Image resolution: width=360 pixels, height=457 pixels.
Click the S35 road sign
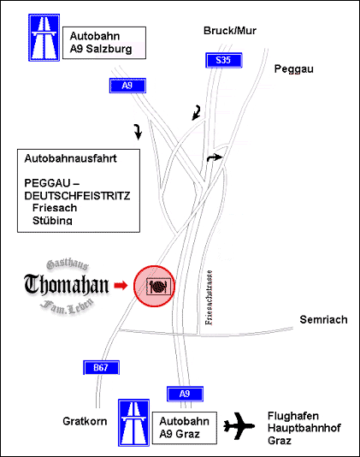coord(224,60)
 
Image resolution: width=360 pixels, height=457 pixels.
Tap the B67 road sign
coord(102,367)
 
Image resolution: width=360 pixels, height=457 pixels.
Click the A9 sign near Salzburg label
coord(127,86)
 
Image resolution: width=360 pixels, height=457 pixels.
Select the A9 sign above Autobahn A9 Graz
coord(185,394)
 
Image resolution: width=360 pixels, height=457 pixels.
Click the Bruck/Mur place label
coord(230,31)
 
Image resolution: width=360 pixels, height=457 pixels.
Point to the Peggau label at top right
coord(294,69)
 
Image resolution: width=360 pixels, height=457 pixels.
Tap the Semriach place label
coord(323,320)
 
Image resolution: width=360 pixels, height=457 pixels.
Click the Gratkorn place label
coord(85,421)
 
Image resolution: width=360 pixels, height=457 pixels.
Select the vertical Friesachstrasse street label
coord(209,298)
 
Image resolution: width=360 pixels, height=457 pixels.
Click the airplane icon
coord(239,426)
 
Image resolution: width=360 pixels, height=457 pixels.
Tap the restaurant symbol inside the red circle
coord(159,287)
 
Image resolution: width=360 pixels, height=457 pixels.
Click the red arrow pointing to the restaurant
coord(121,285)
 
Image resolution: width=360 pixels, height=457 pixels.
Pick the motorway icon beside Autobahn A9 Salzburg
coord(44,38)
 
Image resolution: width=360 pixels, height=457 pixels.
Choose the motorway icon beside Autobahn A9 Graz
coord(133,423)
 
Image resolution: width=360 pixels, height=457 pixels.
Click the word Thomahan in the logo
coord(67,284)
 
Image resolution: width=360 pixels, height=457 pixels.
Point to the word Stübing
coord(52,220)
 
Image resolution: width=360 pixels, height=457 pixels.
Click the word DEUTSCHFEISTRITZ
coord(77,196)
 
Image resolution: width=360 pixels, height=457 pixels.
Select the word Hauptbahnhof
coord(304,428)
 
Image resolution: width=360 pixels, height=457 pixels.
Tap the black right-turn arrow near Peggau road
coord(215,157)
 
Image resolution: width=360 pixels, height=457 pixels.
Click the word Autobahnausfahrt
coord(70,158)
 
